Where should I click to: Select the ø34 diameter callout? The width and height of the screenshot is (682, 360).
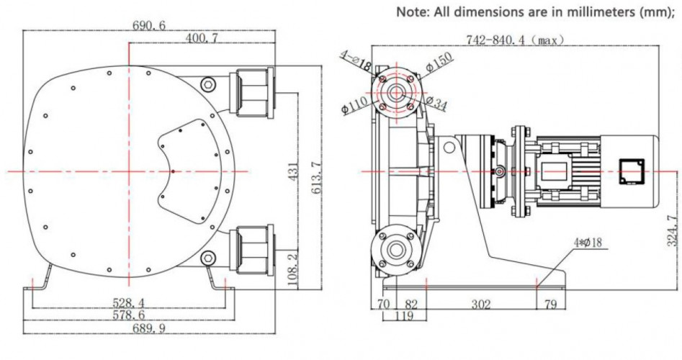pyautogui.click(x=437, y=105)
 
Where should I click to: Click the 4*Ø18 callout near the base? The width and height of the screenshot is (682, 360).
pyautogui.click(x=591, y=244)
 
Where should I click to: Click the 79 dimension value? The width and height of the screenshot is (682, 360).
pyautogui.click(x=551, y=305)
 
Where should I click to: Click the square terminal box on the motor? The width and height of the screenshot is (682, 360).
pyautogui.click(x=630, y=171)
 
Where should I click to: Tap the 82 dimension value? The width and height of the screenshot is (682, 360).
pyautogui.click(x=411, y=305)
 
